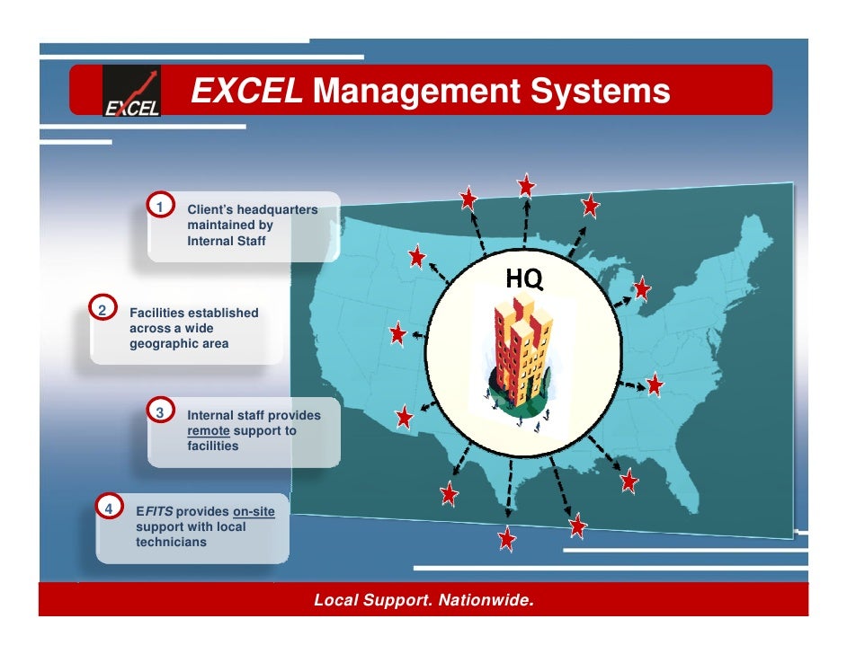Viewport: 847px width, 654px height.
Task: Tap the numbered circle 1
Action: (161, 208)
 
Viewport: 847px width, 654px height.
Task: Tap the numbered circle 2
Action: (103, 310)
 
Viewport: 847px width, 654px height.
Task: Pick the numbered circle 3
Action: (161, 412)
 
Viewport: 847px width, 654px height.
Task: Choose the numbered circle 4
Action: (109, 508)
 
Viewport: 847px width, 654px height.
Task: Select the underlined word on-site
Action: (254, 512)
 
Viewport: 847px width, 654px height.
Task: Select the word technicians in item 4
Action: (171, 543)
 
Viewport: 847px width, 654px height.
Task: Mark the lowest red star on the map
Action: (507, 539)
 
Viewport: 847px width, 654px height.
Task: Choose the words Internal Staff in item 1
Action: (227, 241)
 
